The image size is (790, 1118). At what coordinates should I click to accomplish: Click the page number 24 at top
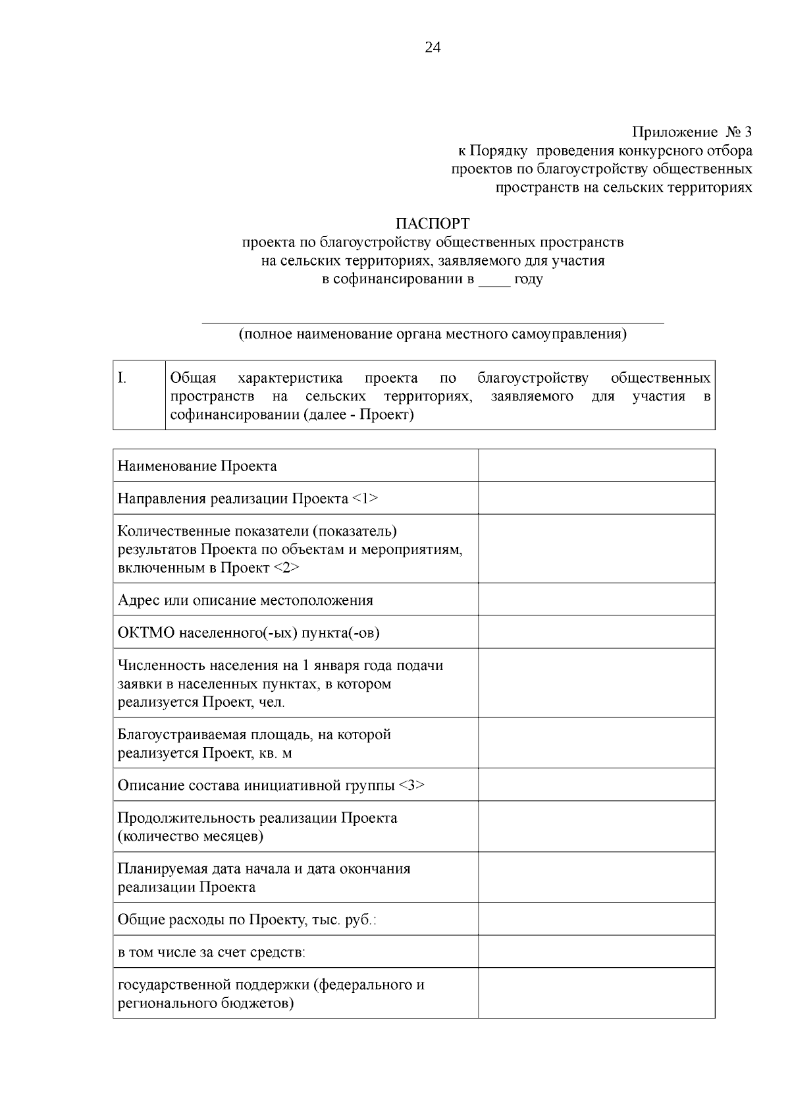(x=433, y=47)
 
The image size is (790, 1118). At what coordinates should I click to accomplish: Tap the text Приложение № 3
(x=691, y=132)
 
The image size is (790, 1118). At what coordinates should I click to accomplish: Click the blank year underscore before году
(x=494, y=280)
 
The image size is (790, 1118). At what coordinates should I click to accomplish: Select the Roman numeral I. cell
(x=138, y=395)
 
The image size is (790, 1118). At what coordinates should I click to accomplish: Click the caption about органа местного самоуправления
(x=433, y=334)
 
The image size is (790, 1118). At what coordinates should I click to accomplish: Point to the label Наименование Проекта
(x=197, y=466)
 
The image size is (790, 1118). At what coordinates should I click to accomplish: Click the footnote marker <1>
(x=365, y=499)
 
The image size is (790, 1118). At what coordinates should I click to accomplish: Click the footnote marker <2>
(x=286, y=568)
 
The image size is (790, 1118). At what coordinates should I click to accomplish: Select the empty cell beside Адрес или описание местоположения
(x=596, y=600)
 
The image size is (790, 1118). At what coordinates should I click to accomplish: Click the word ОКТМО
(x=146, y=633)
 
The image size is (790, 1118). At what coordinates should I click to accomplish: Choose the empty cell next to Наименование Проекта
(x=596, y=466)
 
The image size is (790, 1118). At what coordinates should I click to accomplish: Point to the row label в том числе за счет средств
(x=211, y=952)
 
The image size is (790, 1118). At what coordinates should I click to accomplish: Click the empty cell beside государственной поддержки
(x=596, y=993)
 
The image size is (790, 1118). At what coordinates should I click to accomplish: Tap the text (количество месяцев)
(x=191, y=837)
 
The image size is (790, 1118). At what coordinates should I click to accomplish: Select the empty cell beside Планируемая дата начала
(x=596, y=878)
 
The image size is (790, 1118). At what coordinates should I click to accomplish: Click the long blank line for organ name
(x=433, y=321)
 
